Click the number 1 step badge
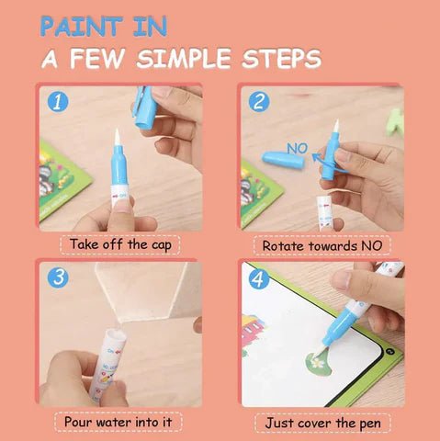[x=59, y=101]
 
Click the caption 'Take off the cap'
[x=120, y=245]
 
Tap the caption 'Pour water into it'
[x=120, y=422]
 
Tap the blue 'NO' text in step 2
[x=297, y=146]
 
